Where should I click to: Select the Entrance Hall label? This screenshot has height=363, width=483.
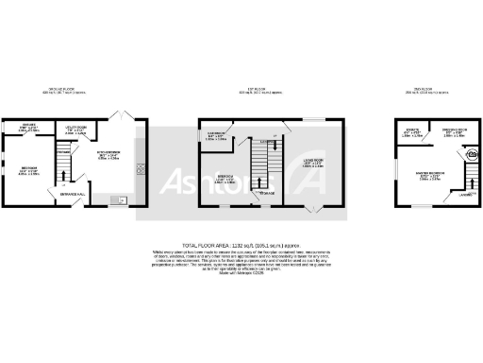tap(73, 193)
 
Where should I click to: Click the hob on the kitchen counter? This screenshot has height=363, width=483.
tap(141, 169)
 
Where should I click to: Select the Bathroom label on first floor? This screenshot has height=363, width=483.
tap(216, 136)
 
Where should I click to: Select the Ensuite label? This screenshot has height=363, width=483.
tap(412, 131)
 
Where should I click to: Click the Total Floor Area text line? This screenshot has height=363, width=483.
tap(241, 244)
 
